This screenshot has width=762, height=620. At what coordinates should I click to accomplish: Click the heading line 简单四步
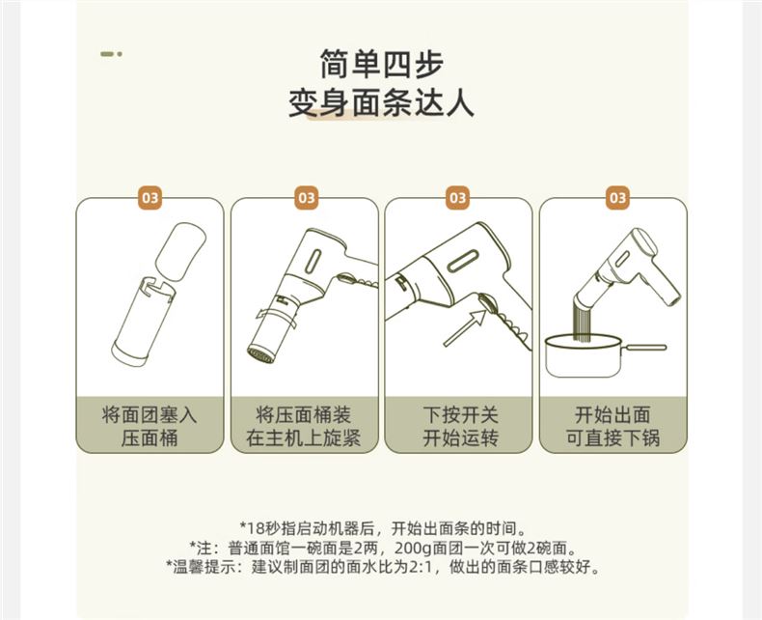[x=382, y=65]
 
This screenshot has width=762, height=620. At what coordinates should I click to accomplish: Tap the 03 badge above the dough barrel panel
[x=150, y=198]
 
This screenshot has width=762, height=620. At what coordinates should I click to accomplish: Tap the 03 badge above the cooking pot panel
[x=617, y=198]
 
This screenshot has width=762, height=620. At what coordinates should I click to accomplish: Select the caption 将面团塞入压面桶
[x=150, y=426]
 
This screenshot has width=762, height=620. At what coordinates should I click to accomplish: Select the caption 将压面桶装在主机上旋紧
[x=304, y=426]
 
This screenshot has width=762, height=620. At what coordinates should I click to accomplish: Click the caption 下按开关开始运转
[x=460, y=426]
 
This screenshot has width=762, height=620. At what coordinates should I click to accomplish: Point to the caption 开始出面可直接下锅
[x=612, y=426]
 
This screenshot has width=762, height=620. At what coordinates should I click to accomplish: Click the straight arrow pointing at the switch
[x=464, y=328]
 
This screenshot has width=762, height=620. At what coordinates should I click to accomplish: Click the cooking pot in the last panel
[x=584, y=356]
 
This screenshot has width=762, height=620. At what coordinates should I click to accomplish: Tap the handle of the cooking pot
[x=644, y=348]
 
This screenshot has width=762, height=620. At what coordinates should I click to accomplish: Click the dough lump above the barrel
[x=180, y=251]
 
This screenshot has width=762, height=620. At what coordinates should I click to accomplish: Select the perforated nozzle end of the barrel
[x=259, y=354]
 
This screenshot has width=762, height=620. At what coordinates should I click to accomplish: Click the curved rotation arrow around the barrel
[x=276, y=318]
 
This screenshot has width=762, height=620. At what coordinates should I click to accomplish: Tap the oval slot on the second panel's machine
[x=313, y=262]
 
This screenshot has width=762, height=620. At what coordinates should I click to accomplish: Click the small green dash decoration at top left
[x=111, y=54]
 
